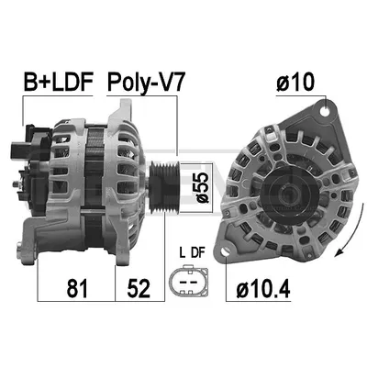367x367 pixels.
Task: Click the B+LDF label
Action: (58, 82)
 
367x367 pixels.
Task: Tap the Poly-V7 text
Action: (146, 83)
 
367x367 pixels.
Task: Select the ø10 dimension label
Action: (295, 82)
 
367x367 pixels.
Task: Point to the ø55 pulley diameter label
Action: (202, 187)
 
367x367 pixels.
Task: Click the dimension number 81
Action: (77, 288)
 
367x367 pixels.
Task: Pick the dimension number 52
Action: (139, 288)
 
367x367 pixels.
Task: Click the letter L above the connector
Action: (183, 253)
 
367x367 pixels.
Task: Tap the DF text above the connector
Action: (198, 253)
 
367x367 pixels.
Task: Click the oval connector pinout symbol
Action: (189, 281)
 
